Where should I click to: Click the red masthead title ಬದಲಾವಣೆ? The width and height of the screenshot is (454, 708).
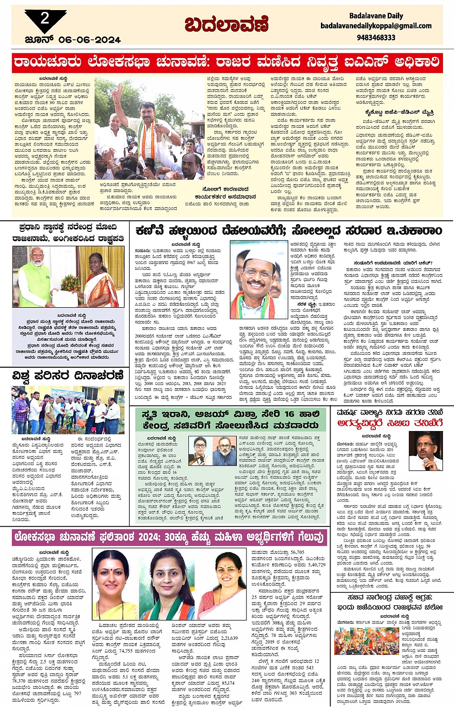[x=226, y=24]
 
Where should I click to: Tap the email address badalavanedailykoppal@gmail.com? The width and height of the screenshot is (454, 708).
[x=376, y=26]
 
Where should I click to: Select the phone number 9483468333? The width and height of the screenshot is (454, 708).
[x=376, y=37]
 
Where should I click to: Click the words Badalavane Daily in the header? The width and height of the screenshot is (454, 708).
[x=376, y=16]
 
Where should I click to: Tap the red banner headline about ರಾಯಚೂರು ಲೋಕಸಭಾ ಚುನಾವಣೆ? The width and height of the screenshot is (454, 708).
[x=227, y=62]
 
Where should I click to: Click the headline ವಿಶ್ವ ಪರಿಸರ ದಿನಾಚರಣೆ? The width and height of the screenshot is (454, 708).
[x=68, y=375]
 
